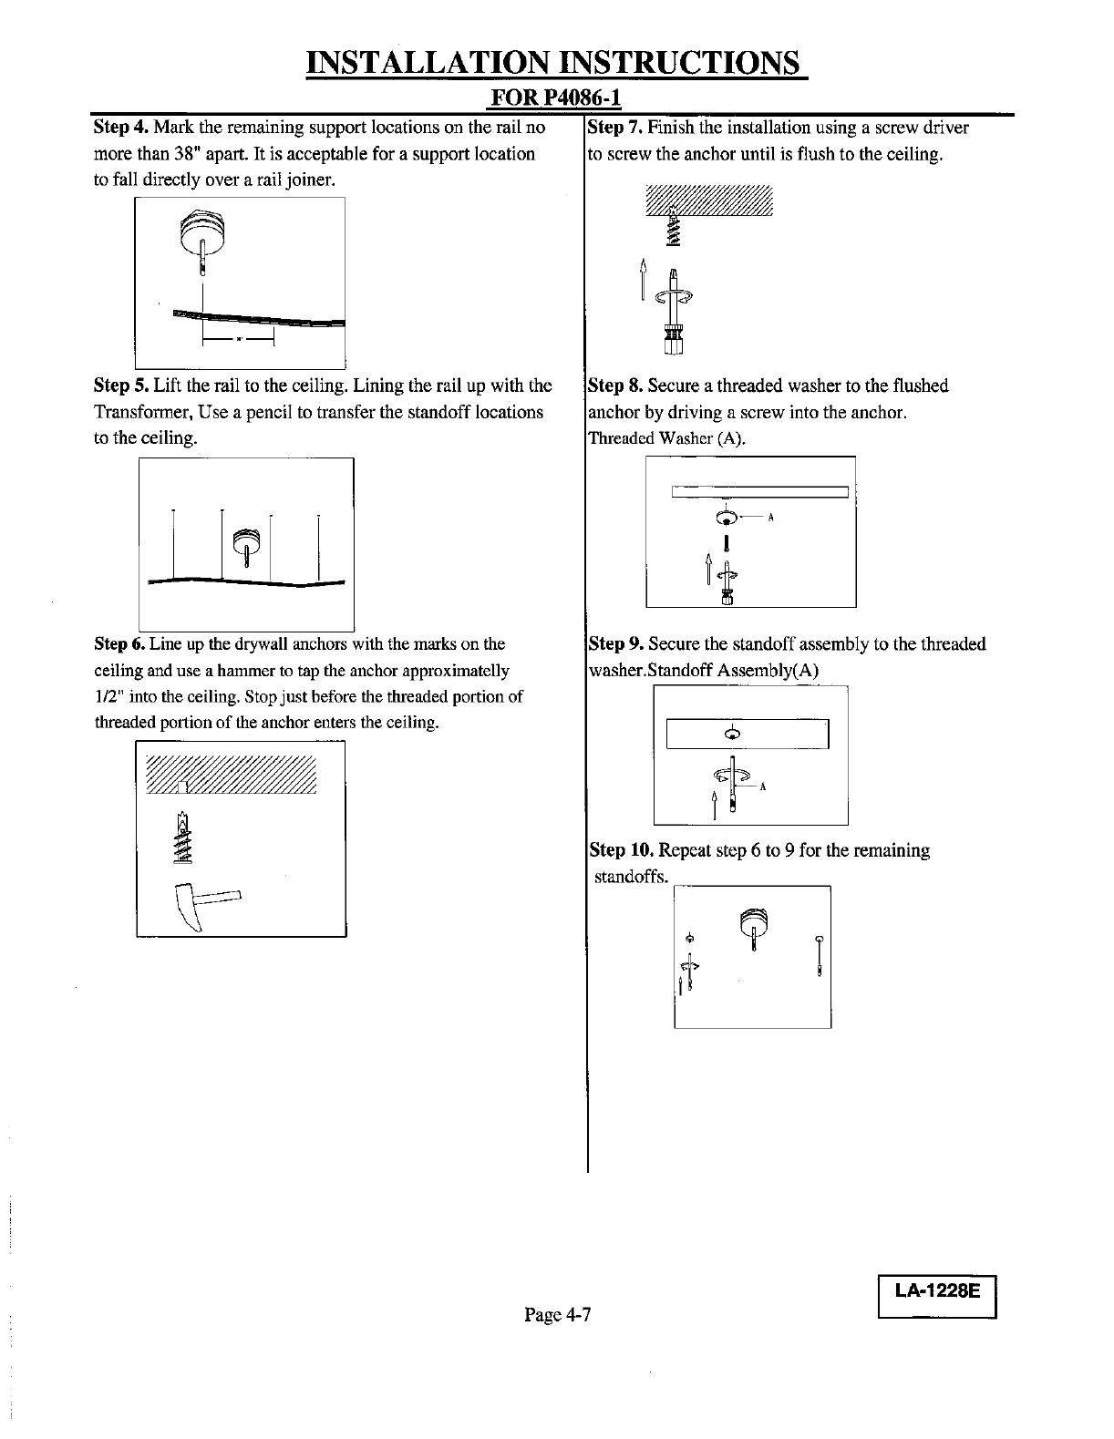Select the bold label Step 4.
click(121, 127)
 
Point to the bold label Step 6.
click(119, 644)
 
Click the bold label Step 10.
click(620, 850)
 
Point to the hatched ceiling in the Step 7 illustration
click(708, 201)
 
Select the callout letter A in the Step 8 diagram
click(771, 518)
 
